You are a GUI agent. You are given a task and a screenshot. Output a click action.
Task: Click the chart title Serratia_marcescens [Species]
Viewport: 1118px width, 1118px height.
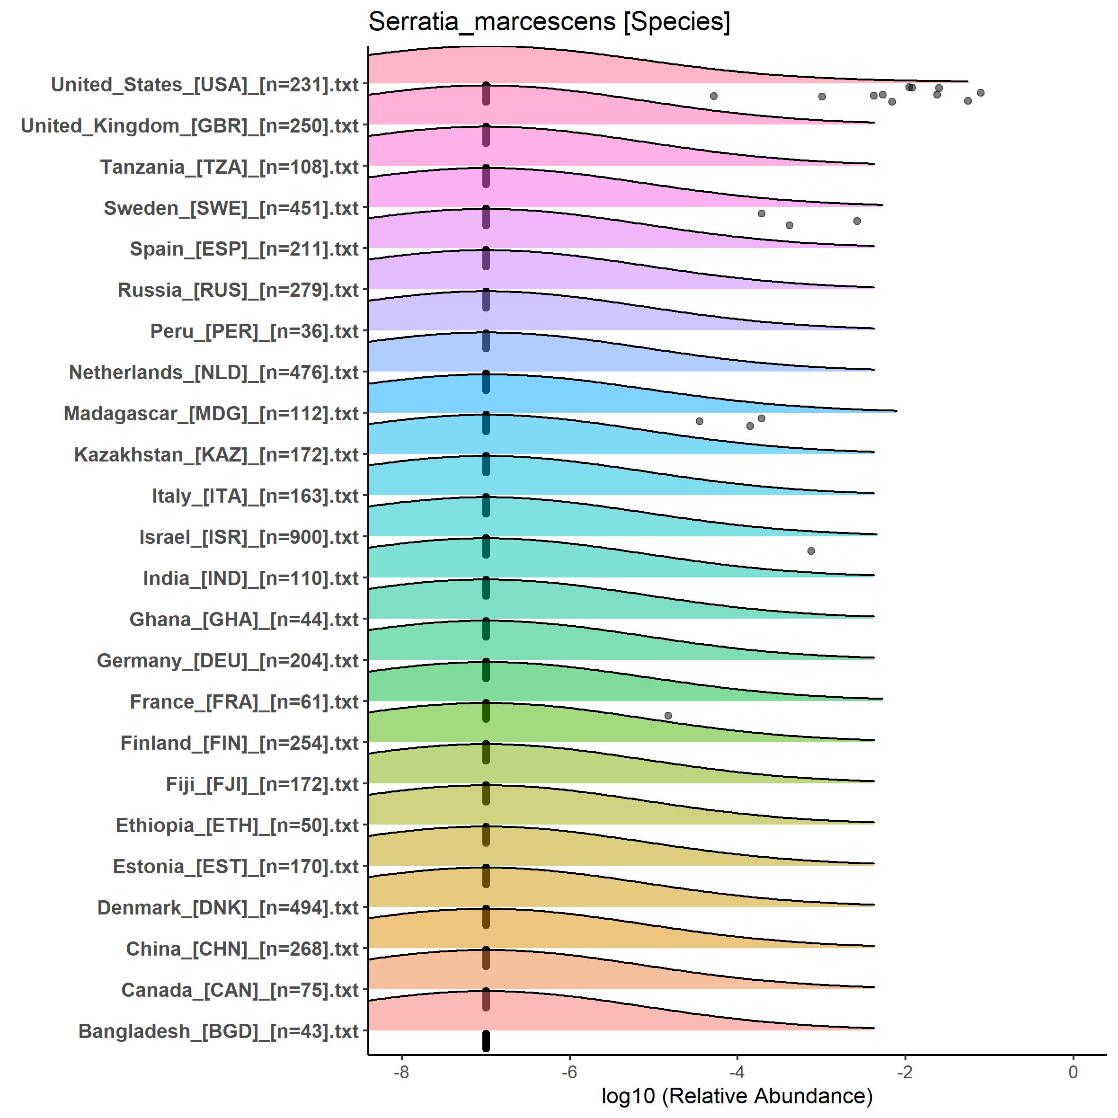pyautogui.click(x=549, y=23)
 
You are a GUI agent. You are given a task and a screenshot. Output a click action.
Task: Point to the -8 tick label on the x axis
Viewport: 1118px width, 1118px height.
pyautogui.click(x=401, y=1072)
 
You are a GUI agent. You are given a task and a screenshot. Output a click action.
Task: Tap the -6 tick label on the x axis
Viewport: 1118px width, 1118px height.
pyautogui.click(x=569, y=1072)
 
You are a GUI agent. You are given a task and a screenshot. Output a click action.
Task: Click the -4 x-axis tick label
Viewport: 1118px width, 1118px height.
pyautogui.click(x=736, y=1072)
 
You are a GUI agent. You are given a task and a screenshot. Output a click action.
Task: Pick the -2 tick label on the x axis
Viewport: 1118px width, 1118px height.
pyautogui.click(x=905, y=1072)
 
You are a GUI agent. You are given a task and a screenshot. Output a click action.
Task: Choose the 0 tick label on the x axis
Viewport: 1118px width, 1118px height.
pyautogui.click(x=1074, y=1072)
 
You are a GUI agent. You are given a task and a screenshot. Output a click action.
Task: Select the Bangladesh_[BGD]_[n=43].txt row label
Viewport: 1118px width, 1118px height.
pyautogui.click(x=219, y=1031)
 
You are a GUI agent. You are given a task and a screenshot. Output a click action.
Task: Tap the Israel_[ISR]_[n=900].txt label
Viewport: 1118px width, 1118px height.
pyautogui.click(x=249, y=537)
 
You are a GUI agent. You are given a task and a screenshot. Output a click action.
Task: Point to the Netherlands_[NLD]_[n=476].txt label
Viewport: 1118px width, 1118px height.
pyautogui.click(x=214, y=372)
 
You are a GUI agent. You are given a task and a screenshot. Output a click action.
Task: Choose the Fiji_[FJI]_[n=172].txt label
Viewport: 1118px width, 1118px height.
pyautogui.click(x=262, y=784)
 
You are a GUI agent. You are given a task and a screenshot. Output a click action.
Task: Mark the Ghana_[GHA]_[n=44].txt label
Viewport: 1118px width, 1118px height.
pyautogui.click(x=244, y=619)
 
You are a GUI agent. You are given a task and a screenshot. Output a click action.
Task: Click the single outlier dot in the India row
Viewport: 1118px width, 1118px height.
pyautogui.click(x=811, y=551)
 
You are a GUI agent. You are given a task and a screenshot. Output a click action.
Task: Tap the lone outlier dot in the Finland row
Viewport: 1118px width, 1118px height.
pyautogui.click(x=668, y=716)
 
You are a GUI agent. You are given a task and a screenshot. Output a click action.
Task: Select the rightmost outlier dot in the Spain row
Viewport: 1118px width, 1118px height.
pyautogui.click(x=857, y=221)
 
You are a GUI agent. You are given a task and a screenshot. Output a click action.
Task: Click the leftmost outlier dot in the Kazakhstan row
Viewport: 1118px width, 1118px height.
pyautogui.click(x=700, y=421)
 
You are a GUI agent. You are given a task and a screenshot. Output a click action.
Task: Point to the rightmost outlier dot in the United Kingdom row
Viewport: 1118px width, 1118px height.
pyautogui.click(x=981, y=93)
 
